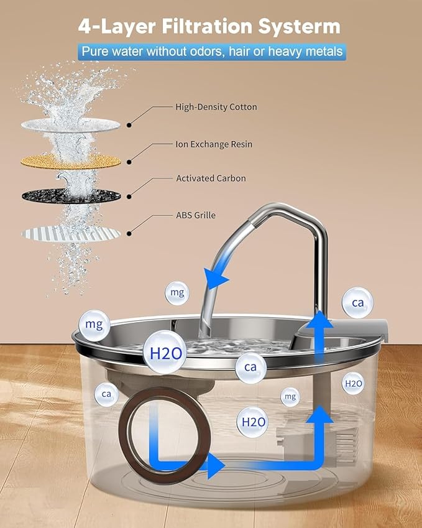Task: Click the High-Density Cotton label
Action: (216, 107)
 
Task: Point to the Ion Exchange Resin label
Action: (214, 144)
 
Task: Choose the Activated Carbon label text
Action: (211, 178)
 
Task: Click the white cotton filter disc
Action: (70, 125)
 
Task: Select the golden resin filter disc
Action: (70, 162)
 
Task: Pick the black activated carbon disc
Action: (70, 196)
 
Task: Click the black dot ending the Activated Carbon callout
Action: (129, 197)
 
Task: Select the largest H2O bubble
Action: (165, 353)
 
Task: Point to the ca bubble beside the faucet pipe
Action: (358, 303)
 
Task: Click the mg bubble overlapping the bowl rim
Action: (95, 324)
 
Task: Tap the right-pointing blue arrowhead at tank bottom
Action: (215, 465)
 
